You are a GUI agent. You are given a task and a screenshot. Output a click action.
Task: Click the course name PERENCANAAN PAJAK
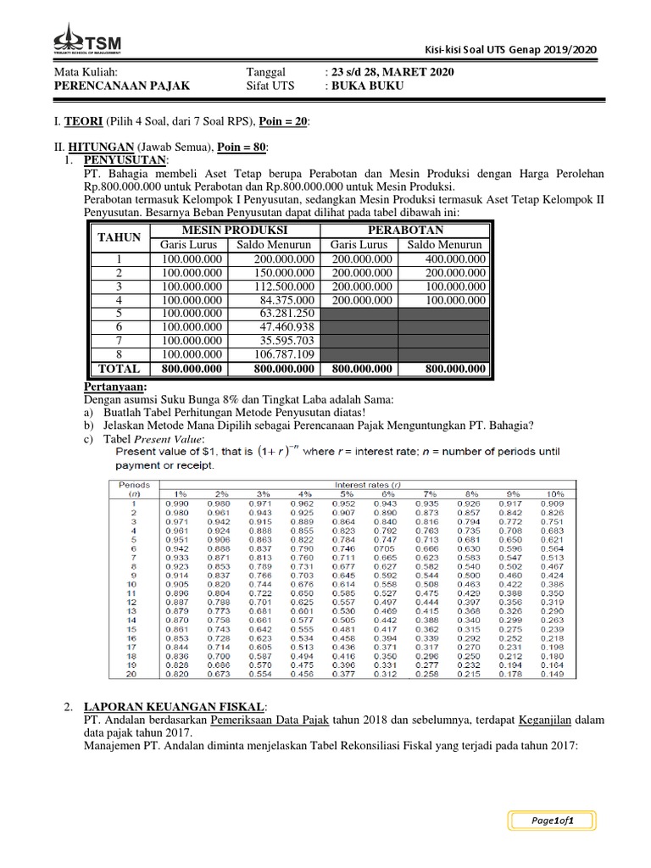122,86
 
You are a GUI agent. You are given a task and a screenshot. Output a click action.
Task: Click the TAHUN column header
119,238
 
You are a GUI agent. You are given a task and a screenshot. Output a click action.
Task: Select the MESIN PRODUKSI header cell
234,231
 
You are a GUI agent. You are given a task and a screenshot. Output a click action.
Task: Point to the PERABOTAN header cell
404,231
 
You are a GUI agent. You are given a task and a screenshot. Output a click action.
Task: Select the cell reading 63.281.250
281,314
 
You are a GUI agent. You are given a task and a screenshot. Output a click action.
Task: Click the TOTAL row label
119,369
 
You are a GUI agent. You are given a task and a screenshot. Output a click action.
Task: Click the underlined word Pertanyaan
115,387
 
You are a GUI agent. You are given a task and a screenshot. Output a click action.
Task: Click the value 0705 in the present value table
386,548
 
